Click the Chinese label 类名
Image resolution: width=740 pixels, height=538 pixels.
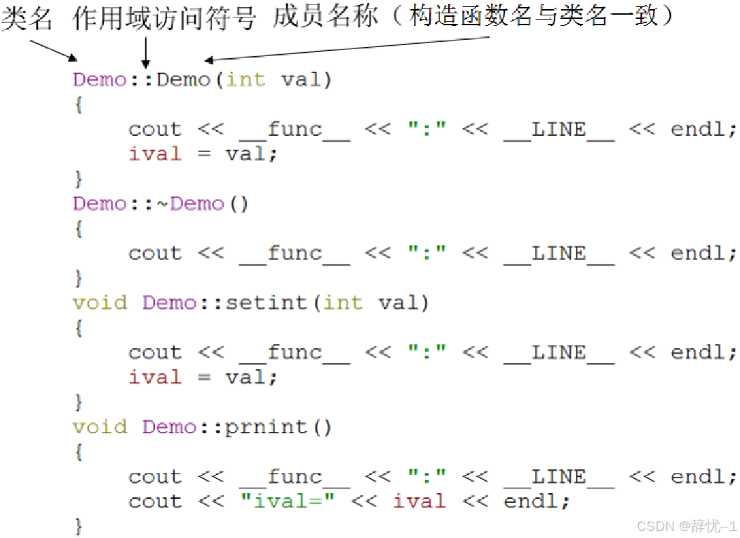[27, 19]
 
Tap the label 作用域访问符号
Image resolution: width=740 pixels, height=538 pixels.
[165, 19]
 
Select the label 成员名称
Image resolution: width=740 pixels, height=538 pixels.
[326, 18]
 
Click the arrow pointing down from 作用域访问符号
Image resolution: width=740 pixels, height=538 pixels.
[145, 52]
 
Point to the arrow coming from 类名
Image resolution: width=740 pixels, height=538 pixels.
[53, 50]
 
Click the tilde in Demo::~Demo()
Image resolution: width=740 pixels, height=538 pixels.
[163, 204]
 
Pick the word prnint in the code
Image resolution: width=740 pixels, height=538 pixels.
[266, 427]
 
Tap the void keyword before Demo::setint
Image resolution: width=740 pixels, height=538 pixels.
[100, 303]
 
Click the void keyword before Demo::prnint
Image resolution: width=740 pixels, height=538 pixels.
[100, 427]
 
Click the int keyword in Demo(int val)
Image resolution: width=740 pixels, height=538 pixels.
[245, 79]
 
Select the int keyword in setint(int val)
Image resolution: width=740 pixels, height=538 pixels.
[343, 303]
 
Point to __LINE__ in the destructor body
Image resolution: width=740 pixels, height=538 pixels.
[558, 254]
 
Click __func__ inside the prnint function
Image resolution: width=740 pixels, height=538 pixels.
[294, 477]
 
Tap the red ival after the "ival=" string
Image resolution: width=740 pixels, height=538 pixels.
[419, 502]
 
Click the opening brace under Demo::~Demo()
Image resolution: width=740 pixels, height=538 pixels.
[79, 229]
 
